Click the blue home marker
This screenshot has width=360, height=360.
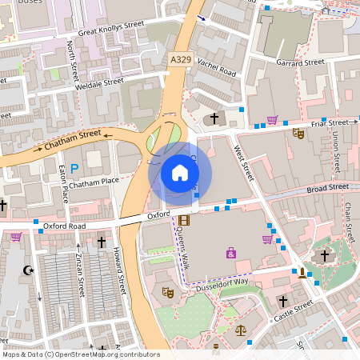[x=180, y=172]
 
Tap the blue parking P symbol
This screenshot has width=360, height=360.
[x=74, y=168]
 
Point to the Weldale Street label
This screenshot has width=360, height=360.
[x=100, y=82]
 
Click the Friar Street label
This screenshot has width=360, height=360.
[x=330, y=123]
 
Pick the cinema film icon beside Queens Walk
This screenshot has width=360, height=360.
[x=185, y=220]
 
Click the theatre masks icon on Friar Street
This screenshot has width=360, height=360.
[x=298, y=134]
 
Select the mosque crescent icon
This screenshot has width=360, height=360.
[x=30, y=270]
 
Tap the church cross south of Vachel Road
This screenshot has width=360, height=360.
[x=214, y=119]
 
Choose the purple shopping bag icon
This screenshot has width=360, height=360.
[x=231, y=253]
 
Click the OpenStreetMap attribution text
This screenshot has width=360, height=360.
[x=80, y=354]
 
